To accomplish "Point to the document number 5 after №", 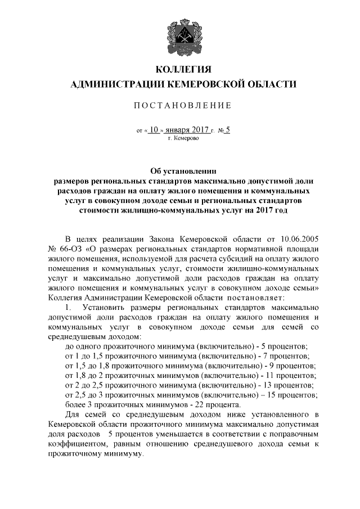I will pyautogui.click(x=228, y=129).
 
